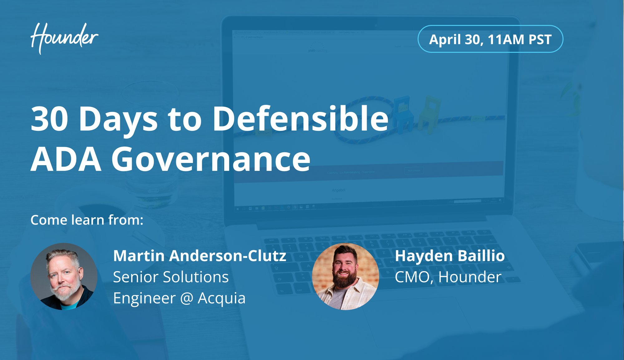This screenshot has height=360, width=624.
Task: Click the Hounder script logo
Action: tap(64, 38)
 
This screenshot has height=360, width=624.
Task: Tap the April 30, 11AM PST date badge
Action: tap(490, 39)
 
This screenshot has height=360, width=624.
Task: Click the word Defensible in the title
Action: tap(301, 119)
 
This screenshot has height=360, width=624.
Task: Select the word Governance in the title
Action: tap(211, 159)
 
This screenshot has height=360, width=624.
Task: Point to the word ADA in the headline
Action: tap(66, 159)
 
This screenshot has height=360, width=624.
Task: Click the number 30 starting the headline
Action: tap(49, 119)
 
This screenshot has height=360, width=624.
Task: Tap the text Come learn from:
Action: tap(87, 220)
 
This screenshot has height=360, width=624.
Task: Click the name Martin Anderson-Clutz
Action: tap(200, 256)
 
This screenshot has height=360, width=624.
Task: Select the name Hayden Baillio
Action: tap(450, 256)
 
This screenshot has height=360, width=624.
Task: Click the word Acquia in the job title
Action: tap(222, 298)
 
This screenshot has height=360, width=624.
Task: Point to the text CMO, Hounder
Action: tap(448, 277)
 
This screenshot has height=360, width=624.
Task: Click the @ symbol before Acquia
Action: tap(187, 298)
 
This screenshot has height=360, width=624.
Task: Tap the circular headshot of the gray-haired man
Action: tap(64, 276)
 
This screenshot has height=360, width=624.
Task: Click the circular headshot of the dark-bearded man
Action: tap(346, 276)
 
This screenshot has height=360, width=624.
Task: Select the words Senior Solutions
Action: tap(171, 277)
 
